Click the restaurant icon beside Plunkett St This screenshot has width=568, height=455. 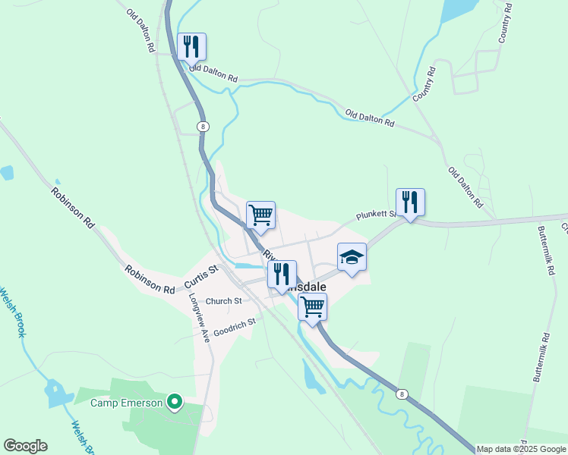coord(410,202)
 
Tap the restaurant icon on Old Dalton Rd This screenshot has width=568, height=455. coord(191,47)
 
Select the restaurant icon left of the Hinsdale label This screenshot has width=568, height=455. coord(282,275)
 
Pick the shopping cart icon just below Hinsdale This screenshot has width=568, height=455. coord(312,307)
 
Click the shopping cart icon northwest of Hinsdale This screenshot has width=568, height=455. coord(260,215)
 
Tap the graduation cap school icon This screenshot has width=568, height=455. coord(352,258)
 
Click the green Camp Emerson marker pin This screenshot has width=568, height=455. coord(175,401)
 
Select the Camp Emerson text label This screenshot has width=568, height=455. coord(127,403)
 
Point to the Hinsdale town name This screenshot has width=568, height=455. coord(310,287)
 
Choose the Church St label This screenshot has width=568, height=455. coord(223,301)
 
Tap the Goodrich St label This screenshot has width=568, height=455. coord(235,326)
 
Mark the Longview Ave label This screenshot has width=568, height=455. coord(198,318)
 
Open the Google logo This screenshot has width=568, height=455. coord(25,446)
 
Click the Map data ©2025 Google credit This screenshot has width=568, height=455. coord(522,449)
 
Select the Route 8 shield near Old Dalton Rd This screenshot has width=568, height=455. coord(201,127)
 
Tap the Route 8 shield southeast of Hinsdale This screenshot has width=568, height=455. coord(402,394)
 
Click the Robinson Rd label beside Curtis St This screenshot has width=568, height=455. coord(150,278)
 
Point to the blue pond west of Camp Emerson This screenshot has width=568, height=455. coord(55,393)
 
